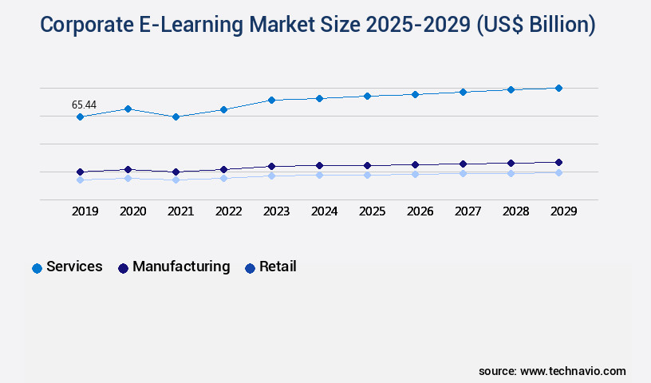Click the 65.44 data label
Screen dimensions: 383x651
(84, 105)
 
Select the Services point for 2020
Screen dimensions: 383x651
(128, 109)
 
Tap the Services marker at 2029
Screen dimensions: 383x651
(558, 88)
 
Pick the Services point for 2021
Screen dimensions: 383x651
(176, 116)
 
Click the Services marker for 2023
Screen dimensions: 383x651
(271, 100)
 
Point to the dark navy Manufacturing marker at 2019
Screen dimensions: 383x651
(80, 172)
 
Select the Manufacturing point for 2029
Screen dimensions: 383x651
(558, 162)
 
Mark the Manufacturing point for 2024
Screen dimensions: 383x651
(319, 165)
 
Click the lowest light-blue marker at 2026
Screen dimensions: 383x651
(415, 174)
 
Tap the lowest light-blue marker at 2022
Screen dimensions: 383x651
(223, 178)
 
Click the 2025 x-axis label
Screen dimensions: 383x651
(372, 211)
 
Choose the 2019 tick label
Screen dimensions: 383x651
(85, 211)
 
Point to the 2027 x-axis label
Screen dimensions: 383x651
(468, 211)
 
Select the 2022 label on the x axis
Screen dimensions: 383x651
(228, 211)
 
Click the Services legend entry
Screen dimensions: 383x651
(74, 267)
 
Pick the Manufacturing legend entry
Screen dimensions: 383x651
(181, 267)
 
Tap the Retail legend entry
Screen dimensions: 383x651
(278, 267)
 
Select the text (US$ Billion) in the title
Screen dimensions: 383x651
(536, 25)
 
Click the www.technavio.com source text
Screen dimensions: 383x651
(573, 371)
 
